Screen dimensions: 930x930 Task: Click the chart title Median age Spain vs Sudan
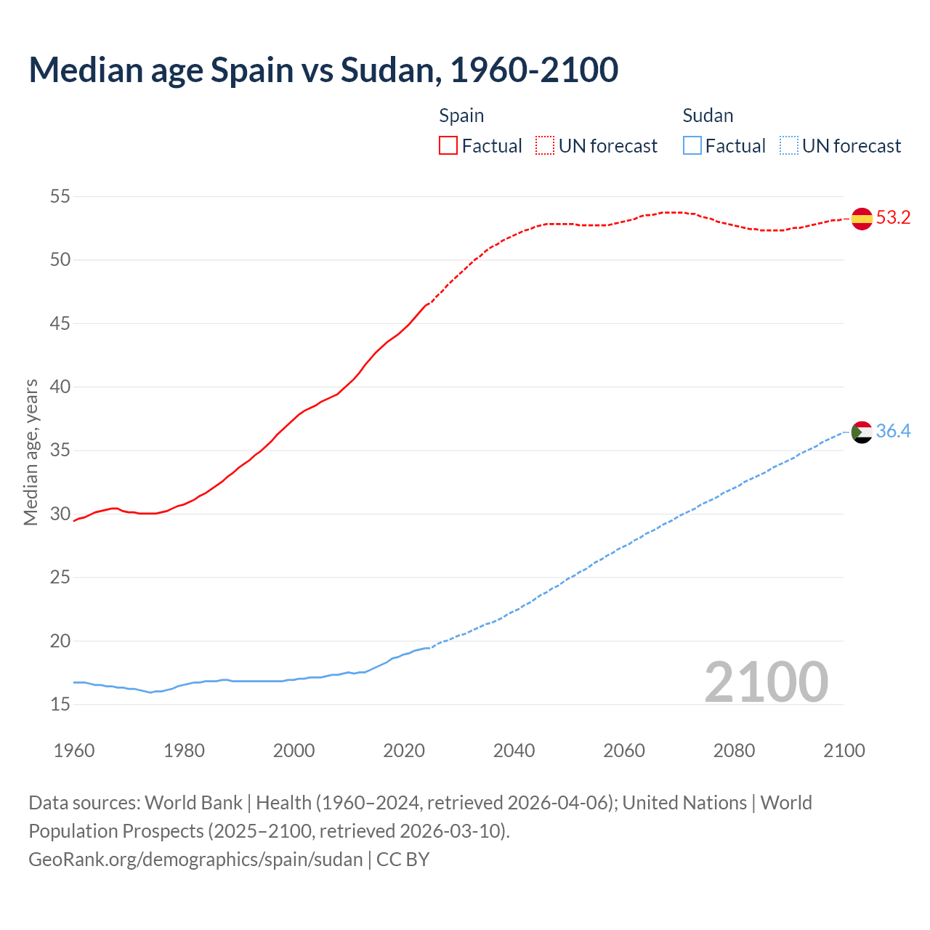pyautogui.click(x=323, y=70)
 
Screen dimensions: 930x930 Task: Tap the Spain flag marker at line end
pyautogui.click(x=862, y=218)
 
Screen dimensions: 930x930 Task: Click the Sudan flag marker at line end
pyautogui.click(x=862, y=432)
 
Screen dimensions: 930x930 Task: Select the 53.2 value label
pyautogui.click(x=893, y=218)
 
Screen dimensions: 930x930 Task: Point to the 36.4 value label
pyautogui.click(x=893, y=432)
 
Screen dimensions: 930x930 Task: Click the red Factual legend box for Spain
pyautogui.click(x=448, y=146)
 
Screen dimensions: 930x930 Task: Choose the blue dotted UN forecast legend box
pyautogui.click(x=789, y=146)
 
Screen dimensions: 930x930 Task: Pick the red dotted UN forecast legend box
pyautogui.click(x=545, y=146)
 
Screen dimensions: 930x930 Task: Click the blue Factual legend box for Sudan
pyautogui.click(x=692, y=146)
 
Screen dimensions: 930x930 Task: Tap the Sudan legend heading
pyautogui.click(x=708, y=116)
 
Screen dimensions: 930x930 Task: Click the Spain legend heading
pyautogui.click(x=461, y=116)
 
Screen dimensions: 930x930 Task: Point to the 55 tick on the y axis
pyautogui.click(x=60, y=196)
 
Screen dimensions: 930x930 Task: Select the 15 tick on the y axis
pyautogui.click(x=60, y=704)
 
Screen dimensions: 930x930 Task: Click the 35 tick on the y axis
pyautogui.click(x=60, y=450)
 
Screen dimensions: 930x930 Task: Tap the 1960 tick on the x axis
pyautogui.click(x=74, y=751)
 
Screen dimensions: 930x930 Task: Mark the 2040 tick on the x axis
pyautogui.click(x=514, y=751)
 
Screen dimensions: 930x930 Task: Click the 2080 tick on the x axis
pyautogui.click(x=734, y=751)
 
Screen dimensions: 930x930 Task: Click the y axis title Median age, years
pyautogui.click(x=31, y=452)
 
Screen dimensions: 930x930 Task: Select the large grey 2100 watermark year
pyautogui.click(x=766, y=682)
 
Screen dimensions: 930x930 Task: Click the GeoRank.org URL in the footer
pyautogui.click(x=195, y=860)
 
